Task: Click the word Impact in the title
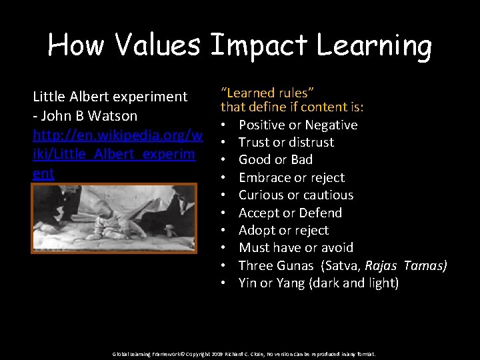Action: (x=258, y=45)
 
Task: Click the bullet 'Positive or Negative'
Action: (x=298, y=125)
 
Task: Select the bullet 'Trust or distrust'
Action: (x=286, y=142)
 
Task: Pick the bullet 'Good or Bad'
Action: (x=275, y=159)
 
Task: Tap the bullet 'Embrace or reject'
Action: (x=291, y=177)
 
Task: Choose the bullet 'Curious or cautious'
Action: (x=296, y=195)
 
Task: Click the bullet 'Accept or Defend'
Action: (x=290, y=213)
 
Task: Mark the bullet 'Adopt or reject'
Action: (x=283, y=230)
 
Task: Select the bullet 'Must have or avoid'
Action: (x=296, y=247)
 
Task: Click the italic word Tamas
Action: (x=425, y=265)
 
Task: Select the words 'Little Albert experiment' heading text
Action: (x=110, y=96)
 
